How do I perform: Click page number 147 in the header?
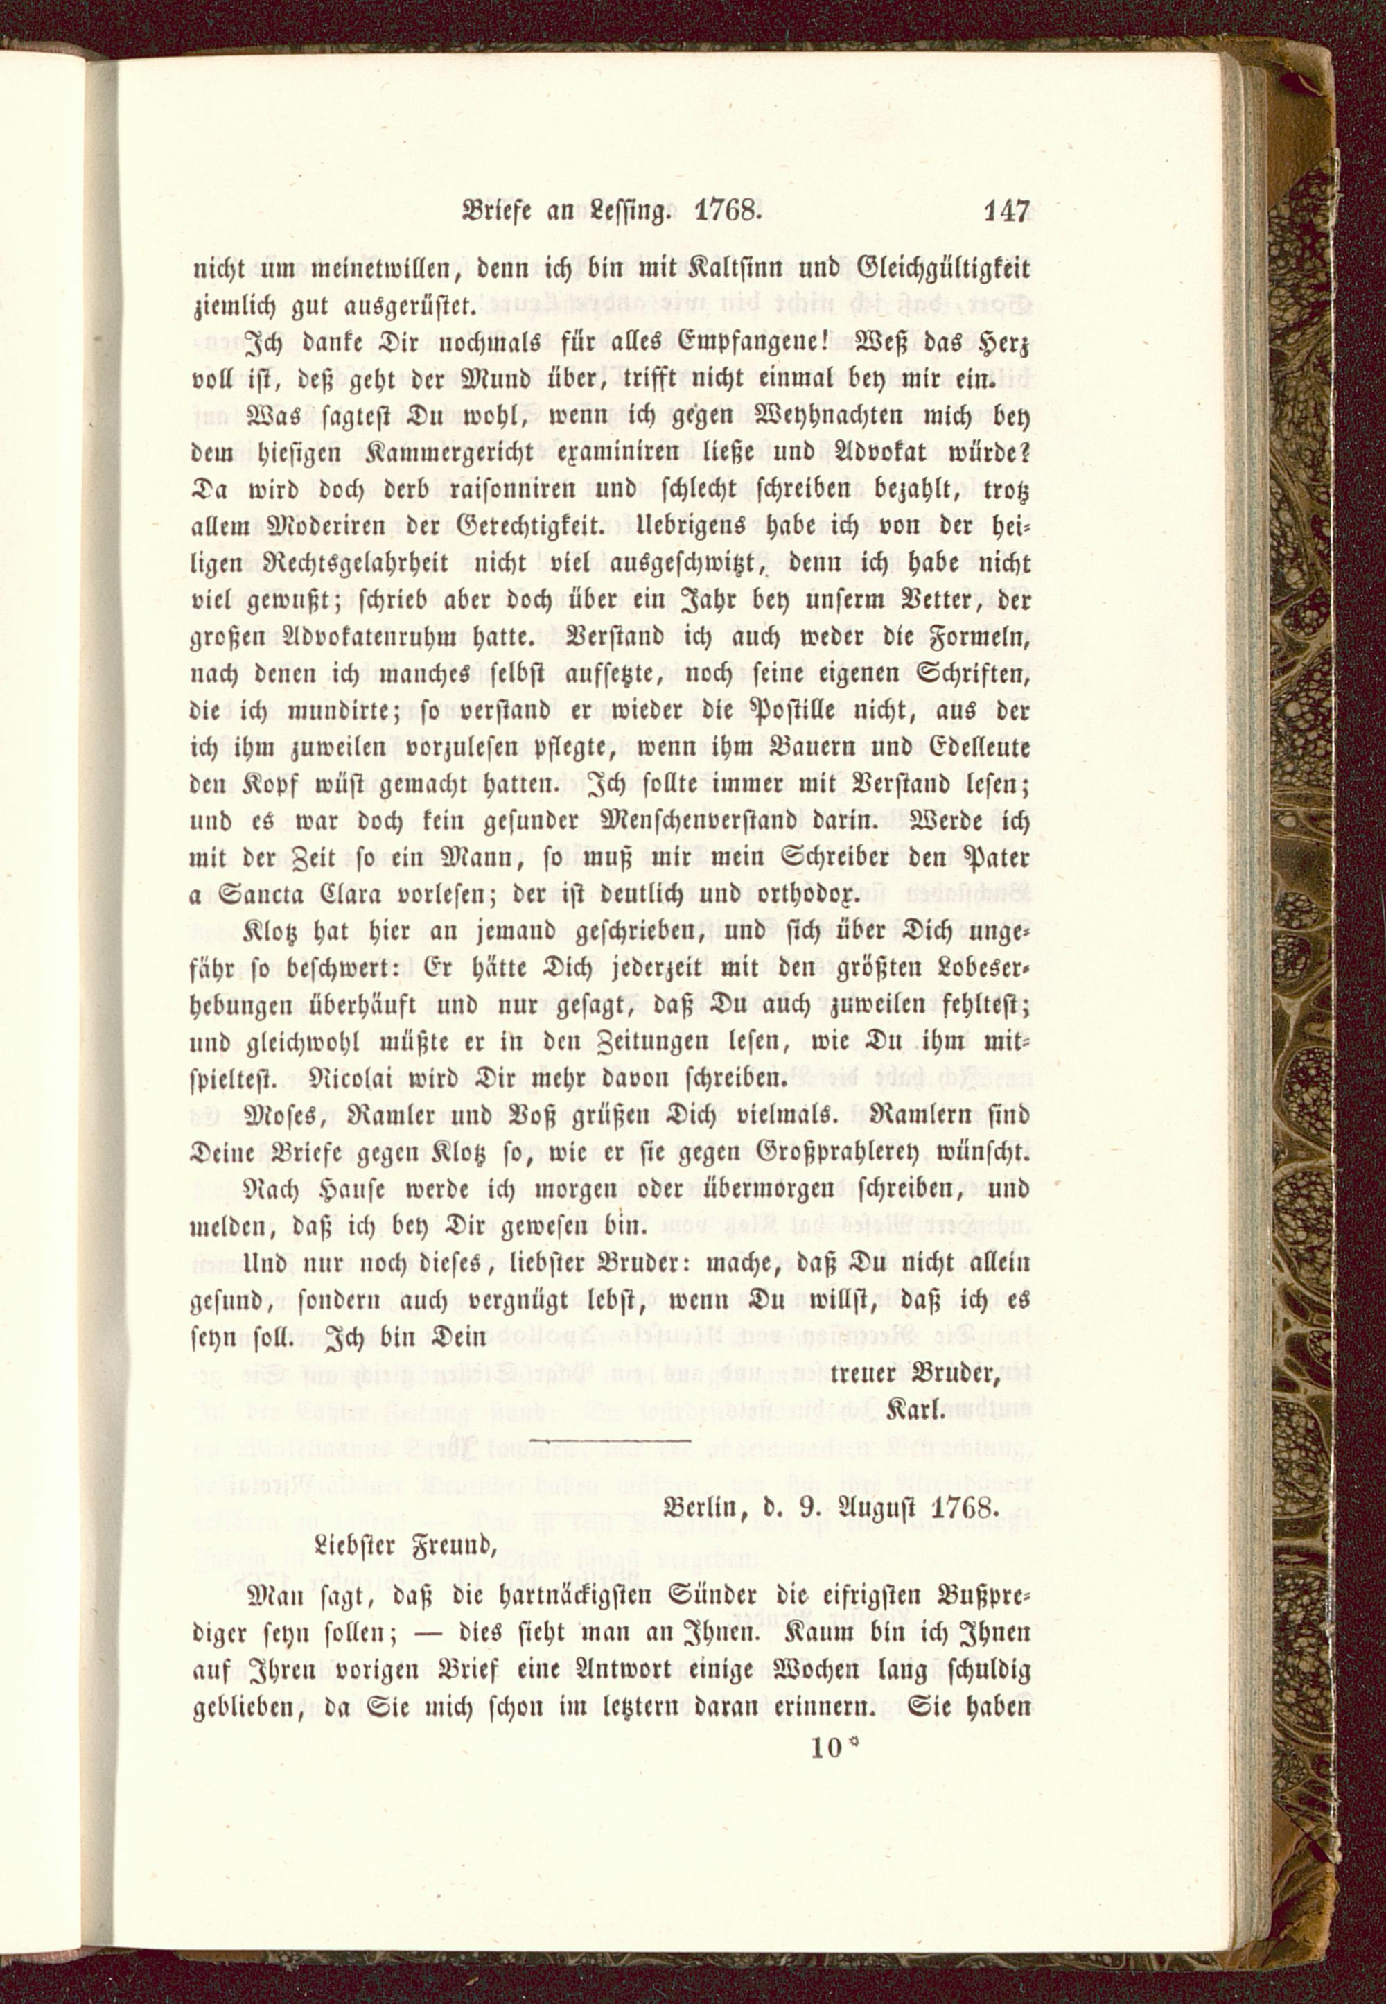click(x=1006, y=212)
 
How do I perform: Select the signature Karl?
click(x=915, y=1411)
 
